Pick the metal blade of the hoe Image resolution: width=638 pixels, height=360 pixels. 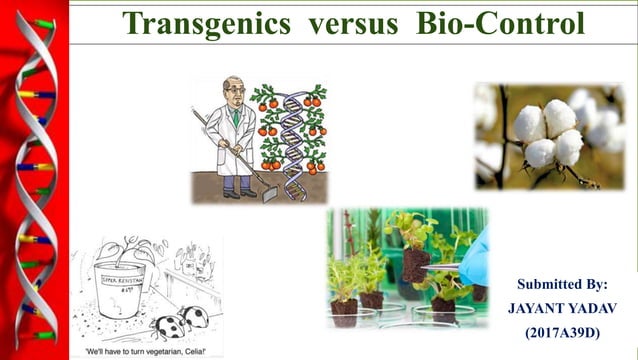(x=268, y=193)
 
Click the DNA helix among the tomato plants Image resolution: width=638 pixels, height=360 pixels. (x=293, y=130)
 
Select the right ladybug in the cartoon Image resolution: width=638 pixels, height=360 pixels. (x=196, y=317)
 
